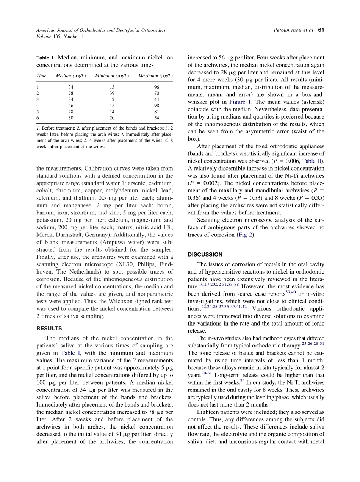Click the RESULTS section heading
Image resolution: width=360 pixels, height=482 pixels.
tap(49, 329)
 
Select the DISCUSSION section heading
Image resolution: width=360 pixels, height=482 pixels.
tap(205, 254)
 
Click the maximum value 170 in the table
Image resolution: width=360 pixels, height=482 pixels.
tap(155, 93)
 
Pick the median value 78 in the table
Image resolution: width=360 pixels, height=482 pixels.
tap(71, 93)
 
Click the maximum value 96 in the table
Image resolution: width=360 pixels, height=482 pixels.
tap(157, 87)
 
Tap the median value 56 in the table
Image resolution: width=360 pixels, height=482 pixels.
tap(71, 106)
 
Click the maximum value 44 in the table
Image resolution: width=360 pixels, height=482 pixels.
tap(157, 99)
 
